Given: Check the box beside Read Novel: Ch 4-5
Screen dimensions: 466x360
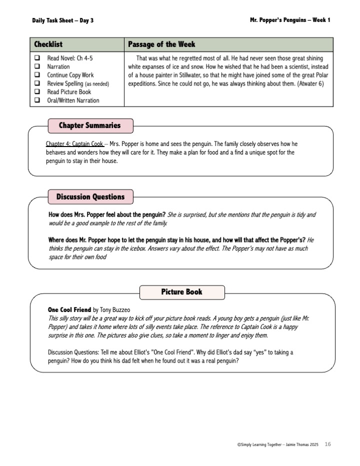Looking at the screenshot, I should (x=37, y=58).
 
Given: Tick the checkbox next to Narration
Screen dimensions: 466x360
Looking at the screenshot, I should (x=37, y=66).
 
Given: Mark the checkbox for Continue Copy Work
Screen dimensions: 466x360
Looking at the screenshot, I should (x=37, y=75).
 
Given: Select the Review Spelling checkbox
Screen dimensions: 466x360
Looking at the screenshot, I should (x=37, y=83).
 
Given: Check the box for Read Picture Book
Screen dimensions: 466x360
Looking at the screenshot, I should (x=37, y=92).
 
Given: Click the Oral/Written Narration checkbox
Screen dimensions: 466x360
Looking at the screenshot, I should (x=37, y=100).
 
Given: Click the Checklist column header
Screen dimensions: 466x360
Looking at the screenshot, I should (x=48, y=44).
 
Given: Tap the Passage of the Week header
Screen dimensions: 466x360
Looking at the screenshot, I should (x=161, y=44).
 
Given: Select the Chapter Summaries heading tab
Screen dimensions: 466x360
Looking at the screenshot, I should (x=89, y=125).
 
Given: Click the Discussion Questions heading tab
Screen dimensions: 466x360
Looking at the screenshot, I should (x=90, y=196).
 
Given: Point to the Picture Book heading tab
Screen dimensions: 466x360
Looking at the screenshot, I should (x=181, y=292).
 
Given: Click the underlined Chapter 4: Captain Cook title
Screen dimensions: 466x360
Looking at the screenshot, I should (x=74, y=144).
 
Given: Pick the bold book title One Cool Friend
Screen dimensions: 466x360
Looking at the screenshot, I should (x=69, y=310).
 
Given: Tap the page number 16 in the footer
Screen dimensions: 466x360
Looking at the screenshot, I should (x=328, y=444).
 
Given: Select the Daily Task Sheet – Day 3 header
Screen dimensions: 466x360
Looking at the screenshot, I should (x=62, y=20).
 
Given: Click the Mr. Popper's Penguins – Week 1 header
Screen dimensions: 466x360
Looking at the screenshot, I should (x=290, y=20).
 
